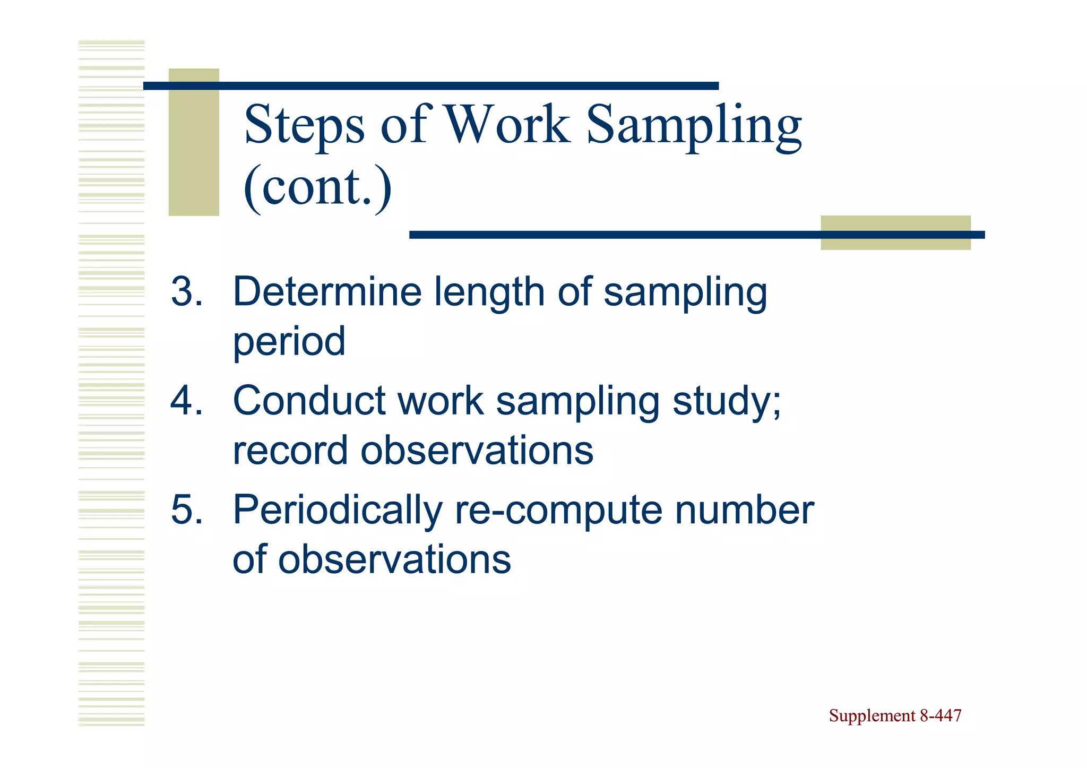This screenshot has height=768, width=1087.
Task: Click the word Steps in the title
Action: click(x=304, y=125)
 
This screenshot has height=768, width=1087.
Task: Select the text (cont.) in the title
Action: click(x=317, y=187)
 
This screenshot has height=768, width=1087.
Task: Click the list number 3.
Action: click(x=186, y=291)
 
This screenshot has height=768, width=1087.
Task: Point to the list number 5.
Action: click(x=186, y=510)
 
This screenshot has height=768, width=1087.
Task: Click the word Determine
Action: click(x=326, y=291)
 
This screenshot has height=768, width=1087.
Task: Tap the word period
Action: click(x=289, y=342)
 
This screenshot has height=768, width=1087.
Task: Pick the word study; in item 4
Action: click(x=727, y=402)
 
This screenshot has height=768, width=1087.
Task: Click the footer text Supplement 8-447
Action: click(x=895, y=715)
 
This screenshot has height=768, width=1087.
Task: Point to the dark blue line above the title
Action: click(x=430, y=86)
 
